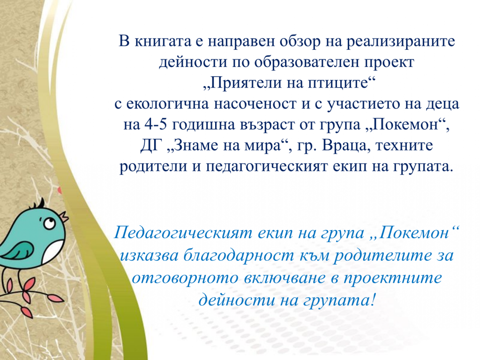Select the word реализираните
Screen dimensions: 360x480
tap(401, 41)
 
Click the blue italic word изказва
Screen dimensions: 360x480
tap(149, 256)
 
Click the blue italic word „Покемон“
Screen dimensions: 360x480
tap(419, 233)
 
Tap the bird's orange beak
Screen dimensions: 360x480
tap(63, 215)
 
